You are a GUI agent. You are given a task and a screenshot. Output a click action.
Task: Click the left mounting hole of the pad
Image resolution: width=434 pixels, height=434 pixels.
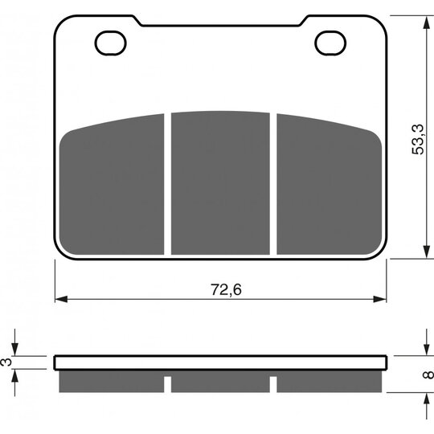tap(110, 43)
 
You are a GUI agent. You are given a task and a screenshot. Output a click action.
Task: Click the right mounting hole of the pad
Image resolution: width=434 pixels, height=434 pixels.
tap(330, 43)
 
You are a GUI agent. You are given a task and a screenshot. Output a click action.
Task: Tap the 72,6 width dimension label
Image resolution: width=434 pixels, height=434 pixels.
tap(226, 289)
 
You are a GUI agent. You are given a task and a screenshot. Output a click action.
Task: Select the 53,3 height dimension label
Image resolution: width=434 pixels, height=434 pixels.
tap(417, 139)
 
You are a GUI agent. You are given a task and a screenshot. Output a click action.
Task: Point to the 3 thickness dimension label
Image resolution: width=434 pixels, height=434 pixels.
tap(6, 362)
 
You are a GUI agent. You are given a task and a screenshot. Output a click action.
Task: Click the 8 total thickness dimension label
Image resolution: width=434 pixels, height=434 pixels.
tap(428, 375)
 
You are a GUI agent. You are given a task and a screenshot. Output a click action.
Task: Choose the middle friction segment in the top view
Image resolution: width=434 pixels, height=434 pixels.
tap(220, 183)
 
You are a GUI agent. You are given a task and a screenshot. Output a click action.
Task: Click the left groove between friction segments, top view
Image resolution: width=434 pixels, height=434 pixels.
tap(167, 184)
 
